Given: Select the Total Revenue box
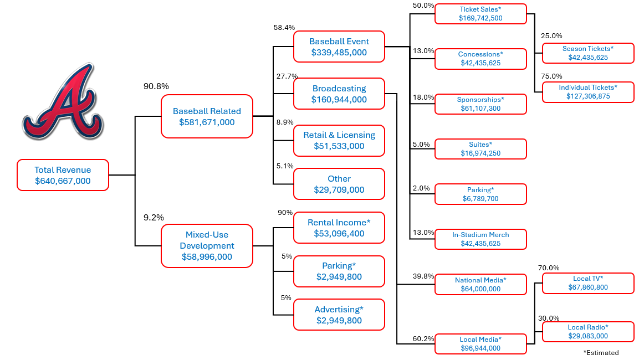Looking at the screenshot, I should (63, 175).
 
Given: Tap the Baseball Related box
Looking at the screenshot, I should (207, 116).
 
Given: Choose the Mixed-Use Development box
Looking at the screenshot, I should (207, 246).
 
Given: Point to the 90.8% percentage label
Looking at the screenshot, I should (156, 86).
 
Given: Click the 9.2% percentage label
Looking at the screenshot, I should (154, 218).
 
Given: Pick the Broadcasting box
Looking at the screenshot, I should (339, 94).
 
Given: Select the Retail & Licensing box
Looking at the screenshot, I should (339, 140).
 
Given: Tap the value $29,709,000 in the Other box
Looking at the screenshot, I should (339, 190).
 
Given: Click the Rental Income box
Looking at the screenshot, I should (339, 228).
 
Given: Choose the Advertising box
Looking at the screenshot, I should (339, 315).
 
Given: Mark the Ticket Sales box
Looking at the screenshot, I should (480, 14).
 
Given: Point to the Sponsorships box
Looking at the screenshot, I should (480, 104).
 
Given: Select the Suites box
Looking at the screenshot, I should (480, 149).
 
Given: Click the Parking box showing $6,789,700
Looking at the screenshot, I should (480, 194).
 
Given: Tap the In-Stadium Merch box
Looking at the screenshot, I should (480, 239).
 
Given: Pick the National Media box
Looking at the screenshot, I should (480, 284).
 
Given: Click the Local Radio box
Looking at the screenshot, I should (587, 332).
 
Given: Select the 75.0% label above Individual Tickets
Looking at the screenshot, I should (551, 76).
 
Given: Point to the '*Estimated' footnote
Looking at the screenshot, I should (601, 352).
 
